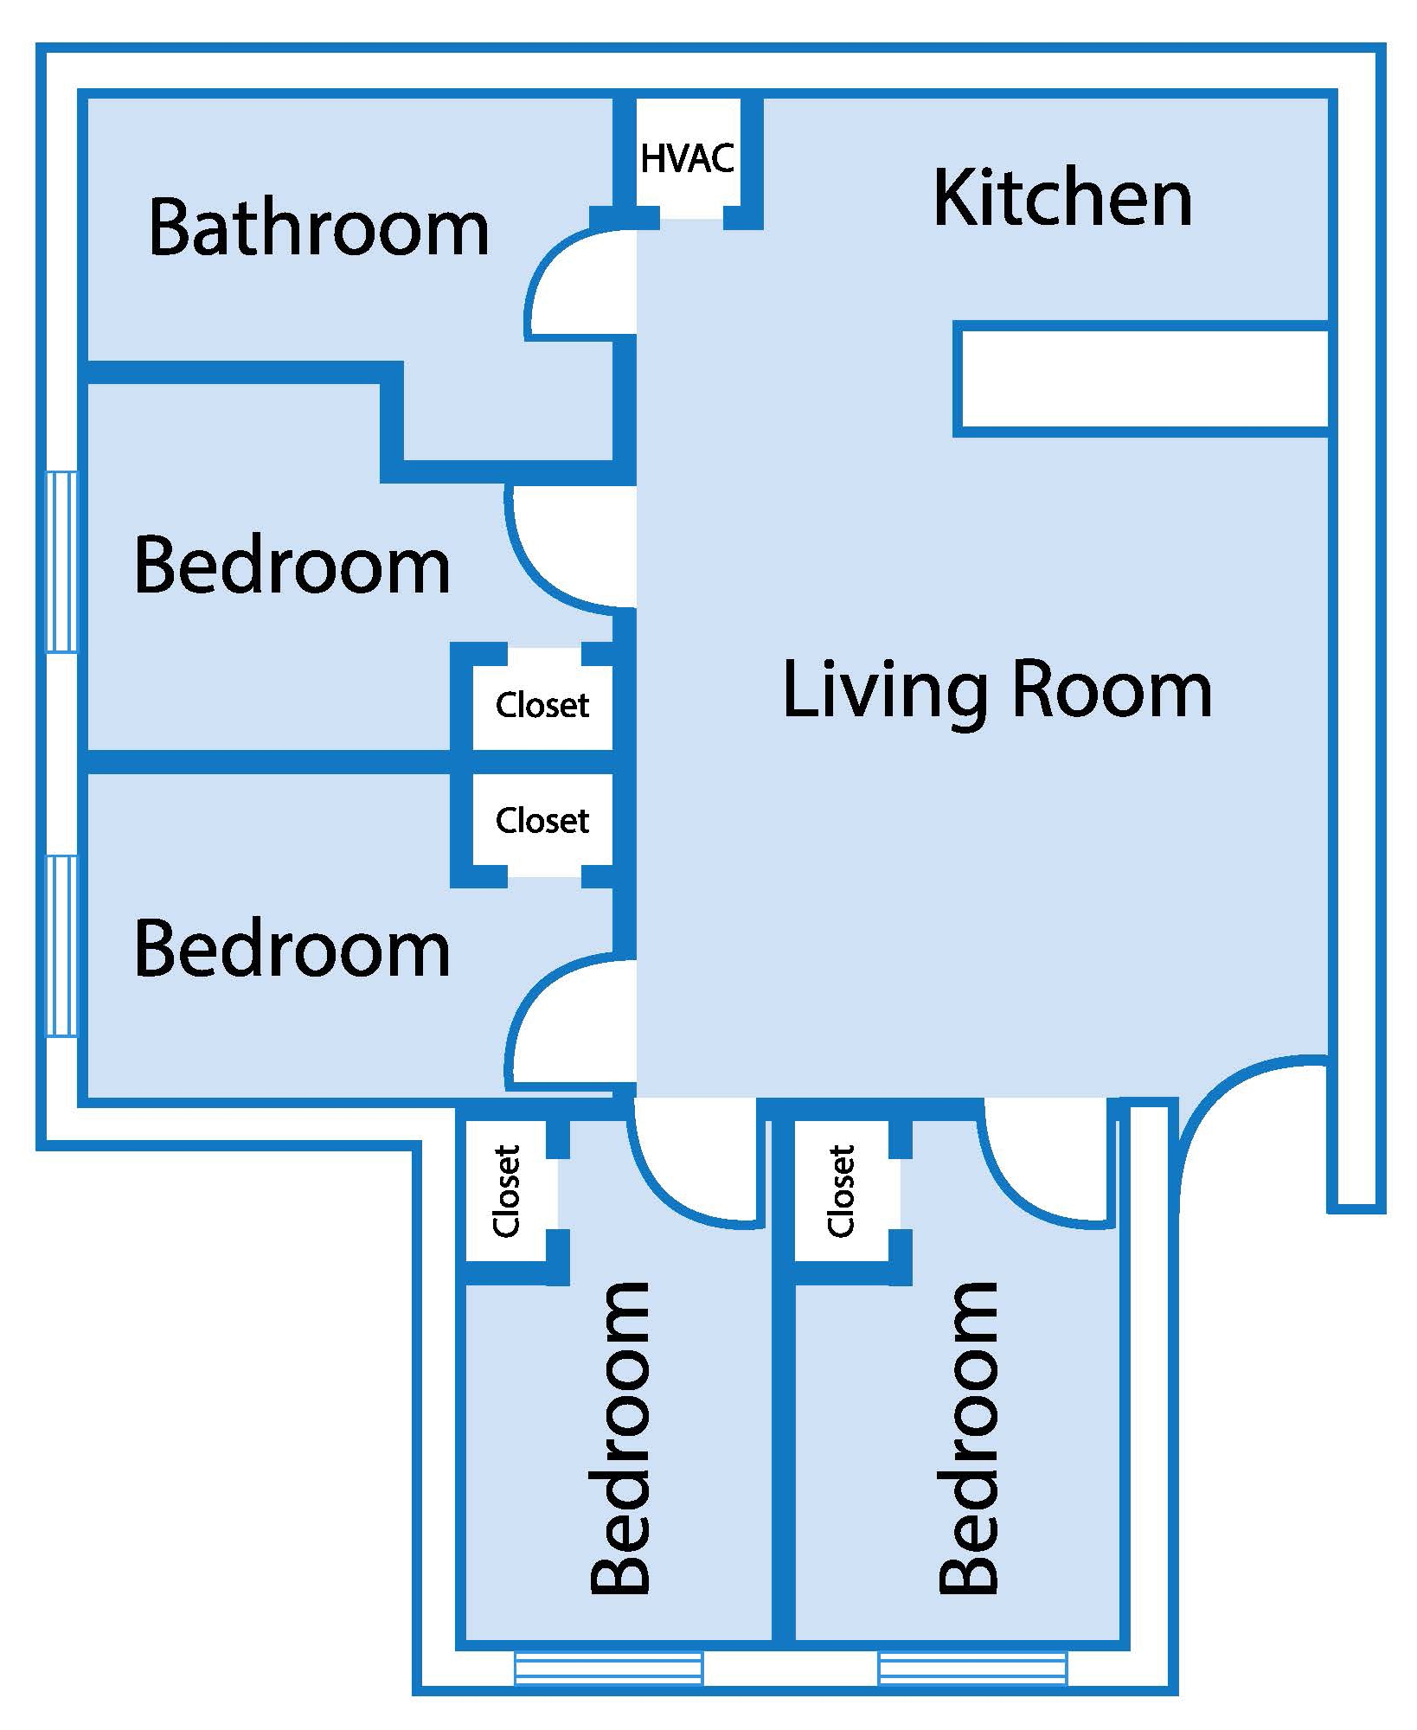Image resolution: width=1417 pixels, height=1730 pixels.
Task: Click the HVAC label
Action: click(x=688, y=159)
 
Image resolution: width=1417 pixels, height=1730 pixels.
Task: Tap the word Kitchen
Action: click(x=1062, y=199)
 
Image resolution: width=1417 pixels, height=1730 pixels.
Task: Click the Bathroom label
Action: click(x=318, y=227)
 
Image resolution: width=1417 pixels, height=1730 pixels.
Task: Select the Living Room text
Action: click(x=997, y=691)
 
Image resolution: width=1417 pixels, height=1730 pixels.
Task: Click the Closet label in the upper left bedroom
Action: click(x=542, y=706)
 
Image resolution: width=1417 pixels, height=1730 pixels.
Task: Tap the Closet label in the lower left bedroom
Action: click(x=542, y=820)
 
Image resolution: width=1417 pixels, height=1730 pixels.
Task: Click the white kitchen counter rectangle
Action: click(x=1142, y=379)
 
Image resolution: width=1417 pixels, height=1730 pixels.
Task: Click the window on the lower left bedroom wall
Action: click(x=61, y=945)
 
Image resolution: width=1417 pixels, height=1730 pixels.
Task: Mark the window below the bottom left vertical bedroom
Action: click(x=608, y=1669)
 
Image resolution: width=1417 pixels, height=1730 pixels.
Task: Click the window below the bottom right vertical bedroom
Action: click(x=972, y=1669)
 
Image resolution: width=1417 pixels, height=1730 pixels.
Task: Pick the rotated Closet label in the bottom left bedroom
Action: click(x=506, y=1190)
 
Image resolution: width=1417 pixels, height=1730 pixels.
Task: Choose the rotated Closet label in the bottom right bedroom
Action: click(x=841, y=1190)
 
